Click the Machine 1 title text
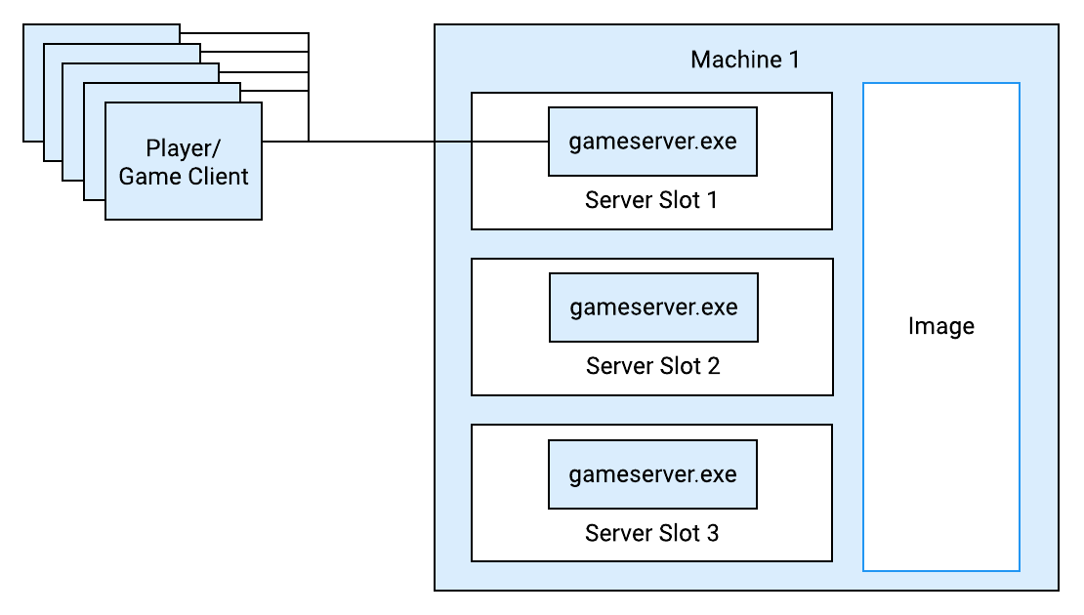(745, 60)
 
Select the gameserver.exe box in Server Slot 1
(652, 142)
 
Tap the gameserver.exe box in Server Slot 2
(653, 307)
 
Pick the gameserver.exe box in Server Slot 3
(652, 474)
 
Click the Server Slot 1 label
(651, 200)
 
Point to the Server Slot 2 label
(652, 366)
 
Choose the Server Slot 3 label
(652, 533)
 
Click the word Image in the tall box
(940, 326)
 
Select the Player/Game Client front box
(184, 161)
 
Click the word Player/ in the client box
(184, 148)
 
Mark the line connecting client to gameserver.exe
(405, 142)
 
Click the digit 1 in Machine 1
(794, 60)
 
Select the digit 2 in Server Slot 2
(714, 366)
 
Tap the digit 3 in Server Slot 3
(712, 533)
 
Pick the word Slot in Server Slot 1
(680, 200)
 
